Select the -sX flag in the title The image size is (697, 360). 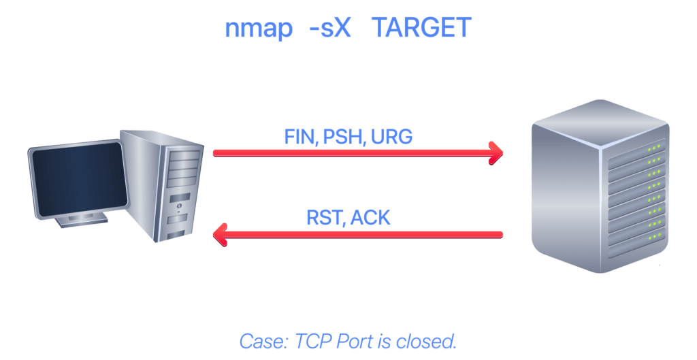coord(330,27)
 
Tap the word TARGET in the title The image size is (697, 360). coord(421,27)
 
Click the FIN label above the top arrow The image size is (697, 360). coord(301,137)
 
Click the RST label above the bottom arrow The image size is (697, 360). coord(325,218)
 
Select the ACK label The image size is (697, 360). coord(370,217)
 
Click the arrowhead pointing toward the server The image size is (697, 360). coord(496,153)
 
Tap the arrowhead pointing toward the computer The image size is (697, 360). coord(221,234)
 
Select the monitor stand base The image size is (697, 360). coord(82,220)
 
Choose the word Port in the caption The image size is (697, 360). coord(354,342)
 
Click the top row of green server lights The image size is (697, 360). coord(653,148)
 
